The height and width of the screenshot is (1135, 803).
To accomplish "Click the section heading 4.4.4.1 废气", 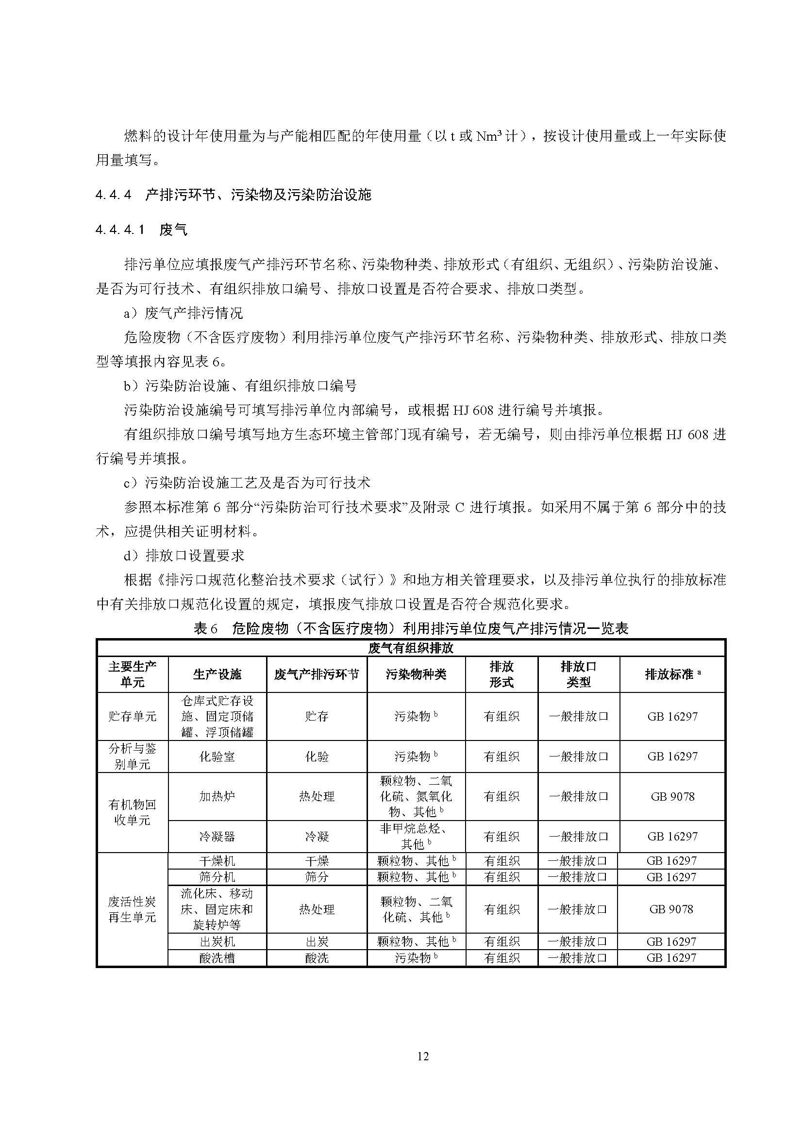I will tap(141, 230).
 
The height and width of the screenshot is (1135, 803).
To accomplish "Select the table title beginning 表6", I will tap(410, 628).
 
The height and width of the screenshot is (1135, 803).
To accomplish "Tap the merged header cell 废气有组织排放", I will tap(410, 648).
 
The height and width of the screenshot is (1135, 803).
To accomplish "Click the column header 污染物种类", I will tap(416, 674).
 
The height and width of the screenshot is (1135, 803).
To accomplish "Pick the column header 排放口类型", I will tap(578, 674).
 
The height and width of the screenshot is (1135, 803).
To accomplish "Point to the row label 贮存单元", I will tap(132, 716).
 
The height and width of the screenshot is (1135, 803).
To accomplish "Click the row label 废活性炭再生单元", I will tap(132, 909).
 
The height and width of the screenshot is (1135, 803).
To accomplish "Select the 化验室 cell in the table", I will tap(217, 757).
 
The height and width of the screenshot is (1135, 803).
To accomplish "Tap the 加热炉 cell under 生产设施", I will tap(217, 796).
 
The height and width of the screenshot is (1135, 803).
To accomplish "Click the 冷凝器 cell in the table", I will tap(217, 837).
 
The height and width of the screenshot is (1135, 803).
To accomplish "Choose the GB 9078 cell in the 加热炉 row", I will tap(672, 796).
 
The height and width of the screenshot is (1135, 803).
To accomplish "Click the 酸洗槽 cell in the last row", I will tap(217, 958).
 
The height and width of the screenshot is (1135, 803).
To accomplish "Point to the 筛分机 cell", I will tap(217, 877).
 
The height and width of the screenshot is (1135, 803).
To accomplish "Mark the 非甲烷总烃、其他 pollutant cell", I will tap(416, 837).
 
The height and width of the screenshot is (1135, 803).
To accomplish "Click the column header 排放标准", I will tap(672, 674).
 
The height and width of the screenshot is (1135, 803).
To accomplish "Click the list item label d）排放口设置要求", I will tap(184, 556).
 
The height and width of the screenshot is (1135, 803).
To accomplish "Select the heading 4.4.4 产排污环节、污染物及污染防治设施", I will tap(233, 195).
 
